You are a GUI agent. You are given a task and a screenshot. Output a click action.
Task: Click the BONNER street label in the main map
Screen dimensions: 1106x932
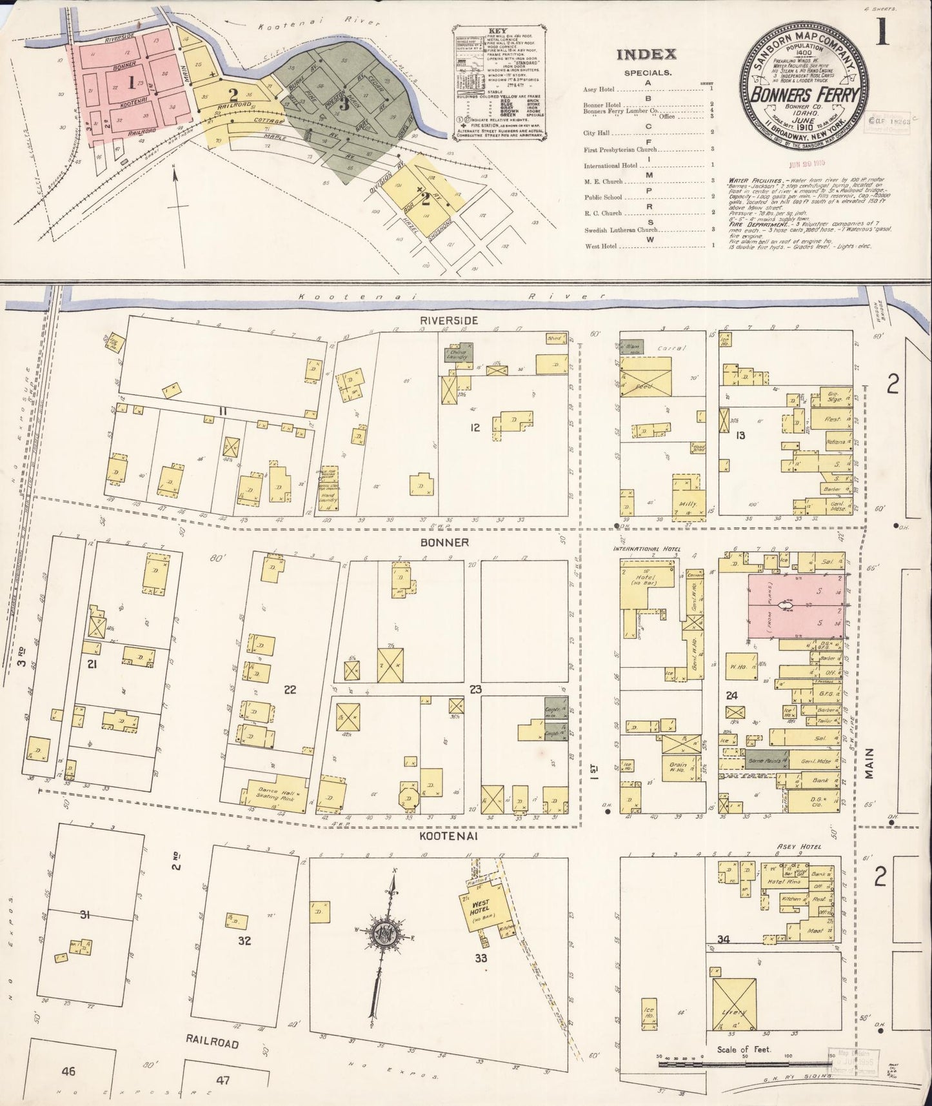(x=439, y=543)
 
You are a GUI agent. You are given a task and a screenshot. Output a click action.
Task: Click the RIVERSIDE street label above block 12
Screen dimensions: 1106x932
(x=440, y=320)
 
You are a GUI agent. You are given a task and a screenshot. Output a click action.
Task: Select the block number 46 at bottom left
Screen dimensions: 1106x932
(x=68, y=1072)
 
